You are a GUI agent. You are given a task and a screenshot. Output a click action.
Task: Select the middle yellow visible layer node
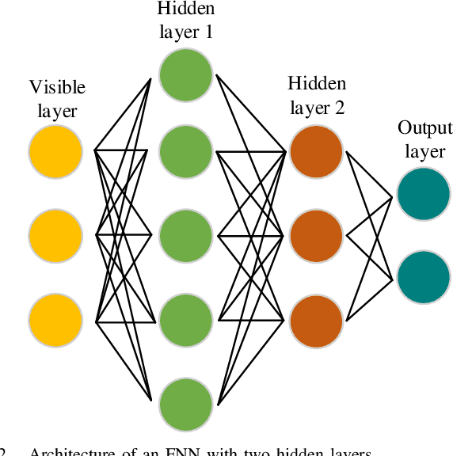click(x=55, y=235)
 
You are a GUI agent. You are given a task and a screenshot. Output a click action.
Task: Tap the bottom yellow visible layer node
click(x=55, y=321)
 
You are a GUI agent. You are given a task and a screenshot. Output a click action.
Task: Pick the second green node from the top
click(x=186, y=150)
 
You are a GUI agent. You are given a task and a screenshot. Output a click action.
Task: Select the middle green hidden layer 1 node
click(x=186, y=235)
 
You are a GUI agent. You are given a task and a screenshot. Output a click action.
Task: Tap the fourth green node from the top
click(x=186, y=321)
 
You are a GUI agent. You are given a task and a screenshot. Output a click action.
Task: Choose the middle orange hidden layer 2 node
click(x=316, y=235)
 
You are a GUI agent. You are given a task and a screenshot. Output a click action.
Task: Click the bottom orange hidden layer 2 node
click(x=316, y=321)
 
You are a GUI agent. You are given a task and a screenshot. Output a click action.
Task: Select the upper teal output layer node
click(x=424, y=193)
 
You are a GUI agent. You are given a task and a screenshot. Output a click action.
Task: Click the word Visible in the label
click(x=57, y=87)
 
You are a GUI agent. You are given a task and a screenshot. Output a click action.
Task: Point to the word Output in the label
click(x=424, y=128)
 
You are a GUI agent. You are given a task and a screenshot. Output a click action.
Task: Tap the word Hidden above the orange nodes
click(x=316, y=84)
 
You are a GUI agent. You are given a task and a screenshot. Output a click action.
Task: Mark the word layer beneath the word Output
click(x=424, y=150)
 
